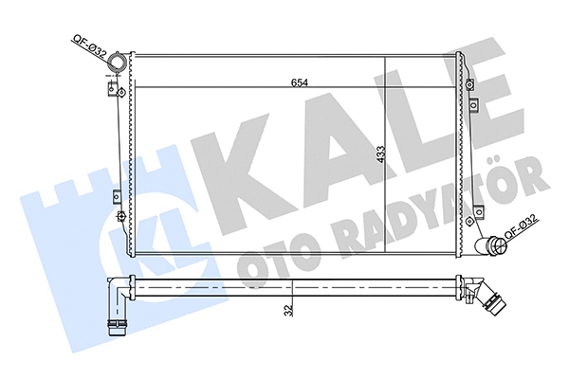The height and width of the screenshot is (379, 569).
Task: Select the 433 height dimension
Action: pyautogui.click(x=379, y=155)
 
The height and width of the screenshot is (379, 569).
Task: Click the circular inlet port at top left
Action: pyautogui.click(x=119, y=65)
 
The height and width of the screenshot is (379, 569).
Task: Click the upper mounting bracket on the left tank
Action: pyautogui.click(x=116, y=90)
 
